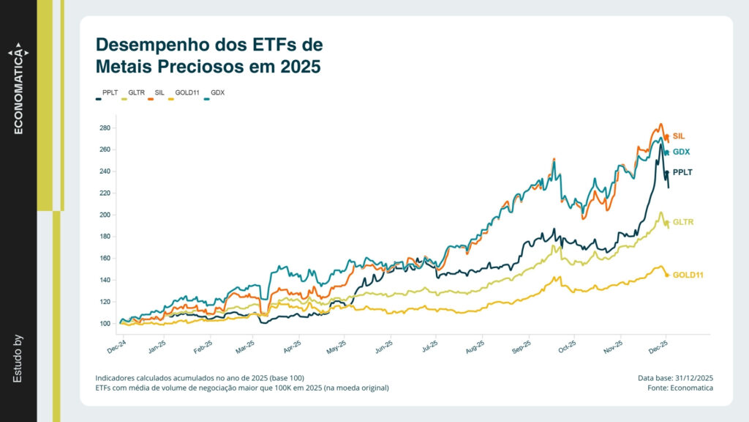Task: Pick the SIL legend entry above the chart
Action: click(159, 93)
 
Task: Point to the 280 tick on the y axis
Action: click(104, 128)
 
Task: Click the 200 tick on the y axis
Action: click(104, 215)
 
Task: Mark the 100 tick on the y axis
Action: click(104, 323)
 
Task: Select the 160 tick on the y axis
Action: click(104, 258)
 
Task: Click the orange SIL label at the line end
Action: click(679, 136)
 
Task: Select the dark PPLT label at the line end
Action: click(682, 172)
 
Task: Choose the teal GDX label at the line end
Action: click(681, 152)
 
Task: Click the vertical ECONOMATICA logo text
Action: click(19, 92)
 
